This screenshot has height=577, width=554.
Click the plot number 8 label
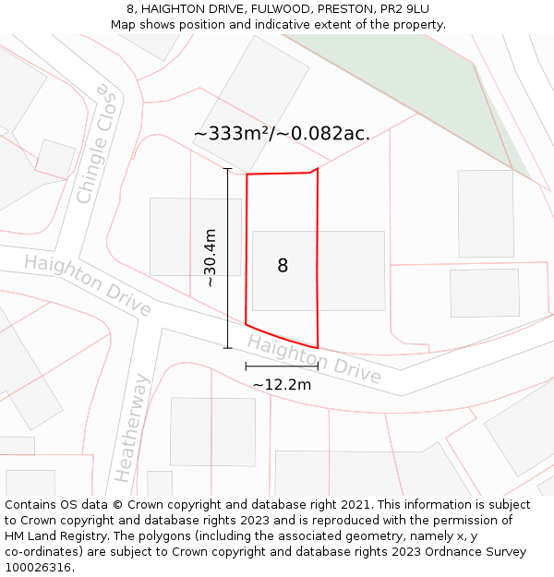pyautogui.click(x=283, y=266)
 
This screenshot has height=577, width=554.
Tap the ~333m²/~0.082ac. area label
pyautogui.click(x=282, y=133)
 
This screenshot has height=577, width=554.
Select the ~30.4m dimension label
pyautogui.click(x=211, y=258)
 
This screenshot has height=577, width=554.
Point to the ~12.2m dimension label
pyautogui.click(x=282, y=384)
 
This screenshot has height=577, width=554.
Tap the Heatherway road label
pyautogui.click(x=129, y=428)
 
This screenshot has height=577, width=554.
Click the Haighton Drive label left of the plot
pyautogui.click(x=87, y=284)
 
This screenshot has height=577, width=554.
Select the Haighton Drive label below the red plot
pyautogui.click(x=314, y=359)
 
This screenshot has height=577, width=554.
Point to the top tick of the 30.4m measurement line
pyautogui.click(x=228, y=169)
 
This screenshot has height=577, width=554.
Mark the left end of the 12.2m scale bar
pyautogui.click(x=247, y=367)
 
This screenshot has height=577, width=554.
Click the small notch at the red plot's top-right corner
pyautogui.click(x=315, y=170)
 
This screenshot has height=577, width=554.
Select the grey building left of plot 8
pyautogui.click(x=195, y=236)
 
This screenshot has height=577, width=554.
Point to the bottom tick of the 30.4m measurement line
pyautogui.click(x=228, y=348)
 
